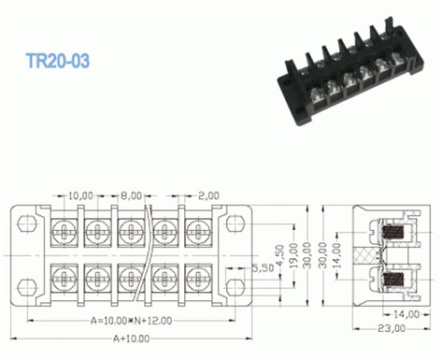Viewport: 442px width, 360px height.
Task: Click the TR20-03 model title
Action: (x=58, y=61)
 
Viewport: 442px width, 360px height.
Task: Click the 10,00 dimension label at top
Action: (x=80, y=195)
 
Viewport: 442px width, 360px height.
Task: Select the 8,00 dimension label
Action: (x=131, y=195)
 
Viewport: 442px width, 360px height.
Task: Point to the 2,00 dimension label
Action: (x=208, y=195)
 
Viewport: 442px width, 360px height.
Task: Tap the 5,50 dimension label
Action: (x=263, y=267)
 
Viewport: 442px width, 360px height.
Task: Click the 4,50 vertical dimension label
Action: (x=280, y=255)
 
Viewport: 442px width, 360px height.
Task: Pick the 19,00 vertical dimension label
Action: (x=293, y=255)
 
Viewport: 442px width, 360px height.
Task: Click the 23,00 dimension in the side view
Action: (x=392, y=328)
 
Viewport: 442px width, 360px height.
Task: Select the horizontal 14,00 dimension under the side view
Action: (x=406, y=314)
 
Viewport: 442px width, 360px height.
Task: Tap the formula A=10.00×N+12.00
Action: (x=131, y=321)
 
